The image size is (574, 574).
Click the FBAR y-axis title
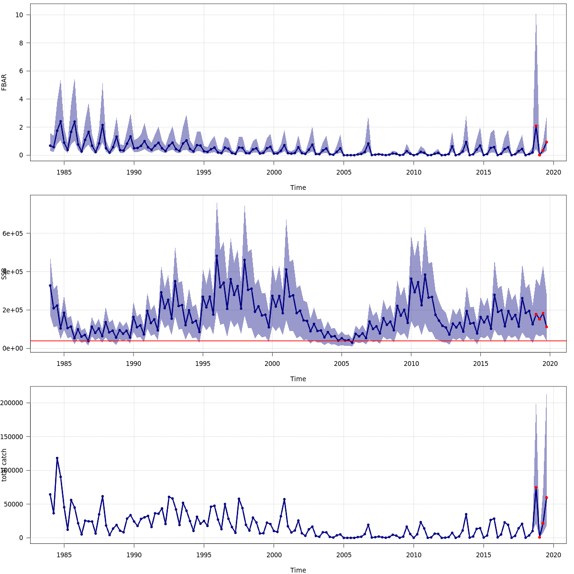pyautogui.click(x=4, y=82)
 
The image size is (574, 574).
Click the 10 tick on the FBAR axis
pyautogui.click(x=20, y=15)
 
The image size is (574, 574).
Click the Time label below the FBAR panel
pyautogui.click(x=298, y=188)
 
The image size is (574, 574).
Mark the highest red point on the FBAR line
pyautogui.click(x=536, y=126)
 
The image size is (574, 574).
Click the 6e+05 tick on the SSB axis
pyautogui.click(x=15, y=233)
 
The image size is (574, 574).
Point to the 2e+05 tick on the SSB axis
pyautogui.click(x=15, y=310)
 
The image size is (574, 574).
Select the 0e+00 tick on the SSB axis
pyautogui.click(x=15, y=348)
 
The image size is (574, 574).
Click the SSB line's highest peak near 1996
pyautogui.click(x=217, y=255)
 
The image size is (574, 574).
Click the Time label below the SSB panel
pyautogui.click(x=298, y=379)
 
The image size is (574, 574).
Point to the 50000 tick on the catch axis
pyautogui.click(x=15, y=504)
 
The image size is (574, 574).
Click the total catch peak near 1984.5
pyautogui.click(x=57, y=458)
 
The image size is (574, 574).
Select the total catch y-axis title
pyautogui.click(x=4, y=465)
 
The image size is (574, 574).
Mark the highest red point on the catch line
pyautogui.click(x=536, y=487)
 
